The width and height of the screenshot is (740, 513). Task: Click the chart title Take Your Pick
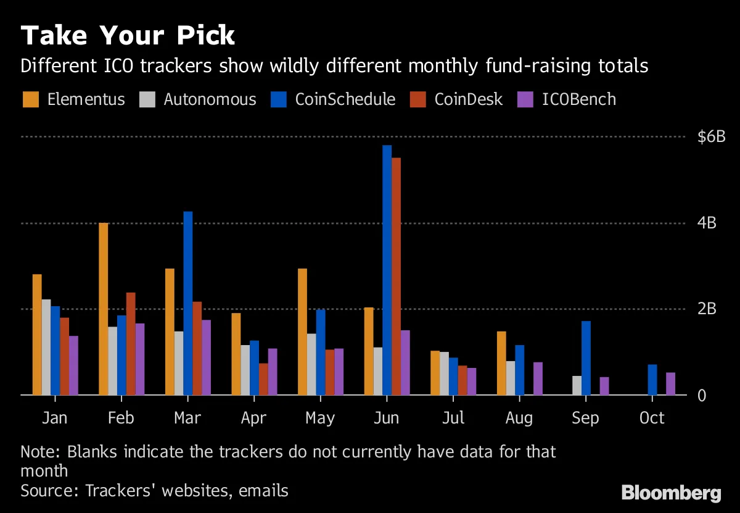click(128, 36)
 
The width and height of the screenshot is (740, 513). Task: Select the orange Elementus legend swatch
click(31, 99)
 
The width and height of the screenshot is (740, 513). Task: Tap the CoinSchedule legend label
click(345, 99)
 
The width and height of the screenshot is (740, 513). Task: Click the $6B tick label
click(711, 137)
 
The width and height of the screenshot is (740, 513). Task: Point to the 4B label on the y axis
click(707, 223)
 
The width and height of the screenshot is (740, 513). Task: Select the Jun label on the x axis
click(387, 418)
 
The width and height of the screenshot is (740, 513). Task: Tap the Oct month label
click(652, 418)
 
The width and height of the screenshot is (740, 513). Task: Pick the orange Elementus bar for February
click(103, 309)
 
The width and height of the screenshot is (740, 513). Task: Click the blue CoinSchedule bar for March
click(188, 302)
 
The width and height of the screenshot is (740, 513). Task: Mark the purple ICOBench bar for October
click(670, 383)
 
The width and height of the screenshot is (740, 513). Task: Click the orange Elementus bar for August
click(501, 363)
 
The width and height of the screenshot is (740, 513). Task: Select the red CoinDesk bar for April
click(263, 379)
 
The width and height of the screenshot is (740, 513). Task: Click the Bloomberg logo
click(671, 493)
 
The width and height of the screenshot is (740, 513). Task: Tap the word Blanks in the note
click(88, 452)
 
